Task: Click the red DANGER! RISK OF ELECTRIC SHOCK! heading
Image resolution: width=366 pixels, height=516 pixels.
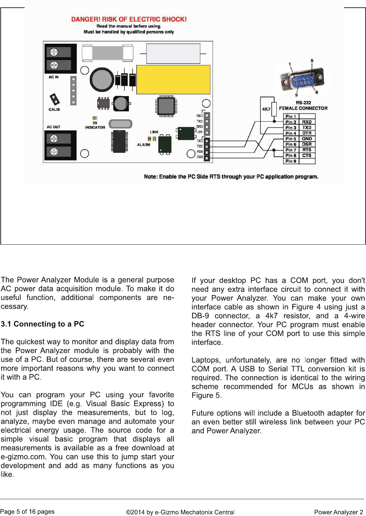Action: tap(129, 19)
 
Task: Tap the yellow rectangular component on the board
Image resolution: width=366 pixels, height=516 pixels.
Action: tap(173, 79)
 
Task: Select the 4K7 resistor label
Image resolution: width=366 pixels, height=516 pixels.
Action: tap(266, 109)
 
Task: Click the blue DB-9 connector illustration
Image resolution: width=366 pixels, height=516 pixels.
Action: tap(303, 80)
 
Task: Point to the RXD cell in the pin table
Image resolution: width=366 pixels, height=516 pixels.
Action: tap(307, 122)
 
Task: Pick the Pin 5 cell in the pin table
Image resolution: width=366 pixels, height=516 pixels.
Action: tap(290, 139)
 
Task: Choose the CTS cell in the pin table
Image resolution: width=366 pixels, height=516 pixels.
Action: tap(307, 156)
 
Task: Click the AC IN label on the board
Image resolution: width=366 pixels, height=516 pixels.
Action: tap(53, 77)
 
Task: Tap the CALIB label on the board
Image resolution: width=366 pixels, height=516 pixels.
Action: tap(54, 109)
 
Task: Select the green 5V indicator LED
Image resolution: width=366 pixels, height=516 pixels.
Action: tap(95, 118)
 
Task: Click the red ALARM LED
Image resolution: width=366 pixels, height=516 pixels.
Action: tap(150, 139)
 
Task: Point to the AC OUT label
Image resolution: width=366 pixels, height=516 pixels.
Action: tap(53, 127)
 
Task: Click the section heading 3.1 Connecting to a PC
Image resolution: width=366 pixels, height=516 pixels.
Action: tap(42, 324)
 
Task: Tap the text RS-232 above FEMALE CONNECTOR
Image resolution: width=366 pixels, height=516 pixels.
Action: tap(303, 103)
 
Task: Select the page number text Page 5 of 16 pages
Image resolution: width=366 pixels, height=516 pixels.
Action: tap(27, 511)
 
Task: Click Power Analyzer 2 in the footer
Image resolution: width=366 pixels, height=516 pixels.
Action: tap(338, 512)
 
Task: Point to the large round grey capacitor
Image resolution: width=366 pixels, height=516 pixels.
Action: tap(102, 79)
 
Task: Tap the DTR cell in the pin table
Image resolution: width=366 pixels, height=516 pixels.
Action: tap(307, 133)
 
